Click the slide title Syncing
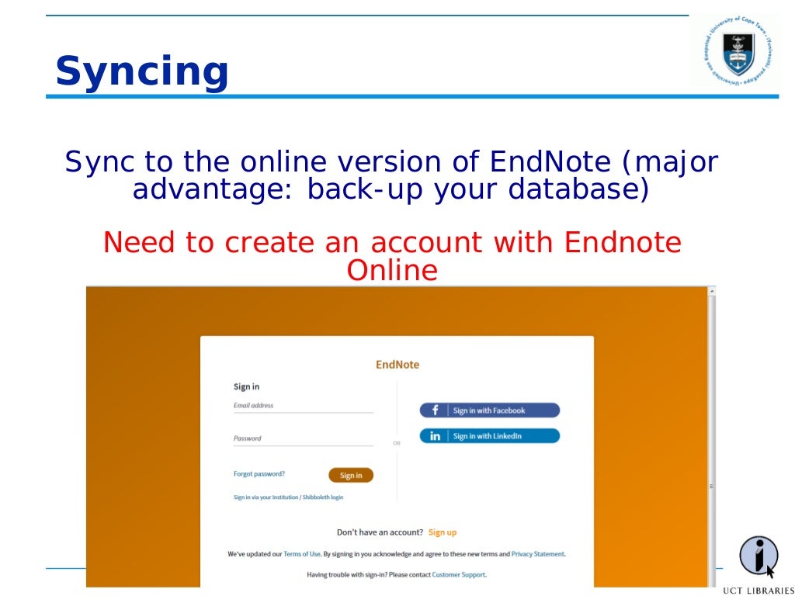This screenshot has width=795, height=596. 142,71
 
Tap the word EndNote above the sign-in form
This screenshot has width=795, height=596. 397,365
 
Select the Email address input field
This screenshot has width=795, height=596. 303,406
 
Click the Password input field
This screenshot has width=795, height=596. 303,438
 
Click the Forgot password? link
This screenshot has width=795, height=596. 259,473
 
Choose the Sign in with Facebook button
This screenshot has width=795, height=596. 489,411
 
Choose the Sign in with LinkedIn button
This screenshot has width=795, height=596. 489,436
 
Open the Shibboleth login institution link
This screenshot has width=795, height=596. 288,497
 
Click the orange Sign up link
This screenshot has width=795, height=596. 443,532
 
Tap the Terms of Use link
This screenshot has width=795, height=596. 301,554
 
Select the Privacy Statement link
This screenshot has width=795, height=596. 538,554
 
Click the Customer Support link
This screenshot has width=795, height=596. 458,575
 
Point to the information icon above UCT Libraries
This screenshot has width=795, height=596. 758,556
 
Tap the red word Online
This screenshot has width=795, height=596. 392,271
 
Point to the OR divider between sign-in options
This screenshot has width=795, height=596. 397,443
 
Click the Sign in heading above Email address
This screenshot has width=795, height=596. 247,386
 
